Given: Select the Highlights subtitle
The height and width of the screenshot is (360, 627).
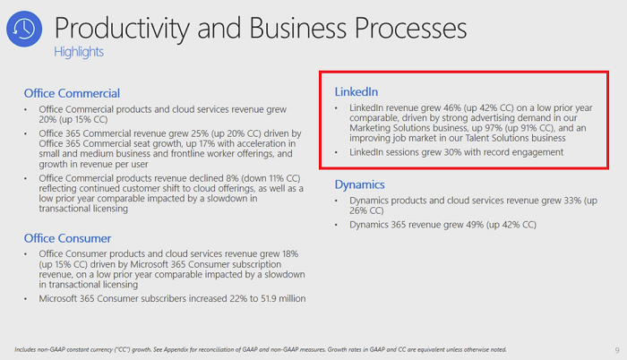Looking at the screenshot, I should pyautogui.click(x=79, y=52).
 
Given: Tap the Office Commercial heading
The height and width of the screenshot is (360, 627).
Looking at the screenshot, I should pyautogui.click(x=72, y=93).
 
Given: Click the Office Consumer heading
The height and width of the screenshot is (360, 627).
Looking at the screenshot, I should pyautogui.click(x=68, y=238).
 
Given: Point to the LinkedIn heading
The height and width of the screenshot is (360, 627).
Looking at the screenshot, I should pyautogui.click(x=356, y=92).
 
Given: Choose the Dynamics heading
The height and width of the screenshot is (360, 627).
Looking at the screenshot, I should pyautogui.click(x=360, y=184).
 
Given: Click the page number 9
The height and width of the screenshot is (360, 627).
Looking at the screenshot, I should pyautogui.click(x=617, y=348).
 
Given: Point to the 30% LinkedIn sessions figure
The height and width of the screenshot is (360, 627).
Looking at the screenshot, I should pyautogui.click(x=445, y=152).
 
